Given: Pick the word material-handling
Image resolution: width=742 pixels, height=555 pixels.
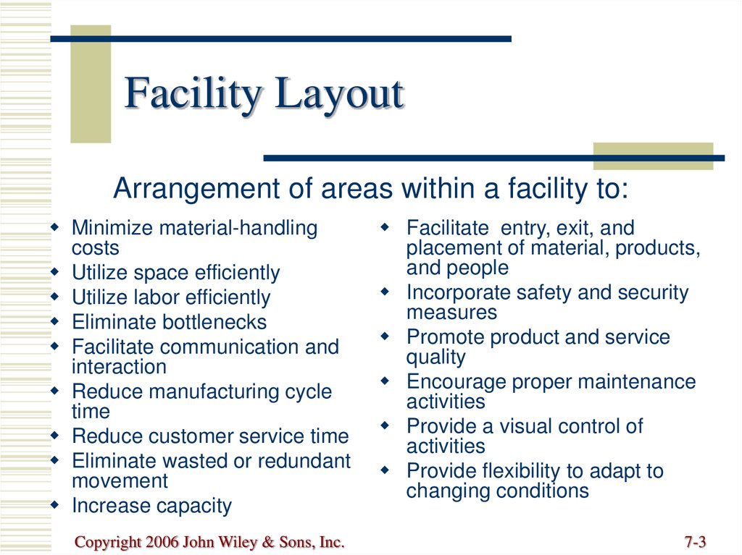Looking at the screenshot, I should (x=238, y=229).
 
